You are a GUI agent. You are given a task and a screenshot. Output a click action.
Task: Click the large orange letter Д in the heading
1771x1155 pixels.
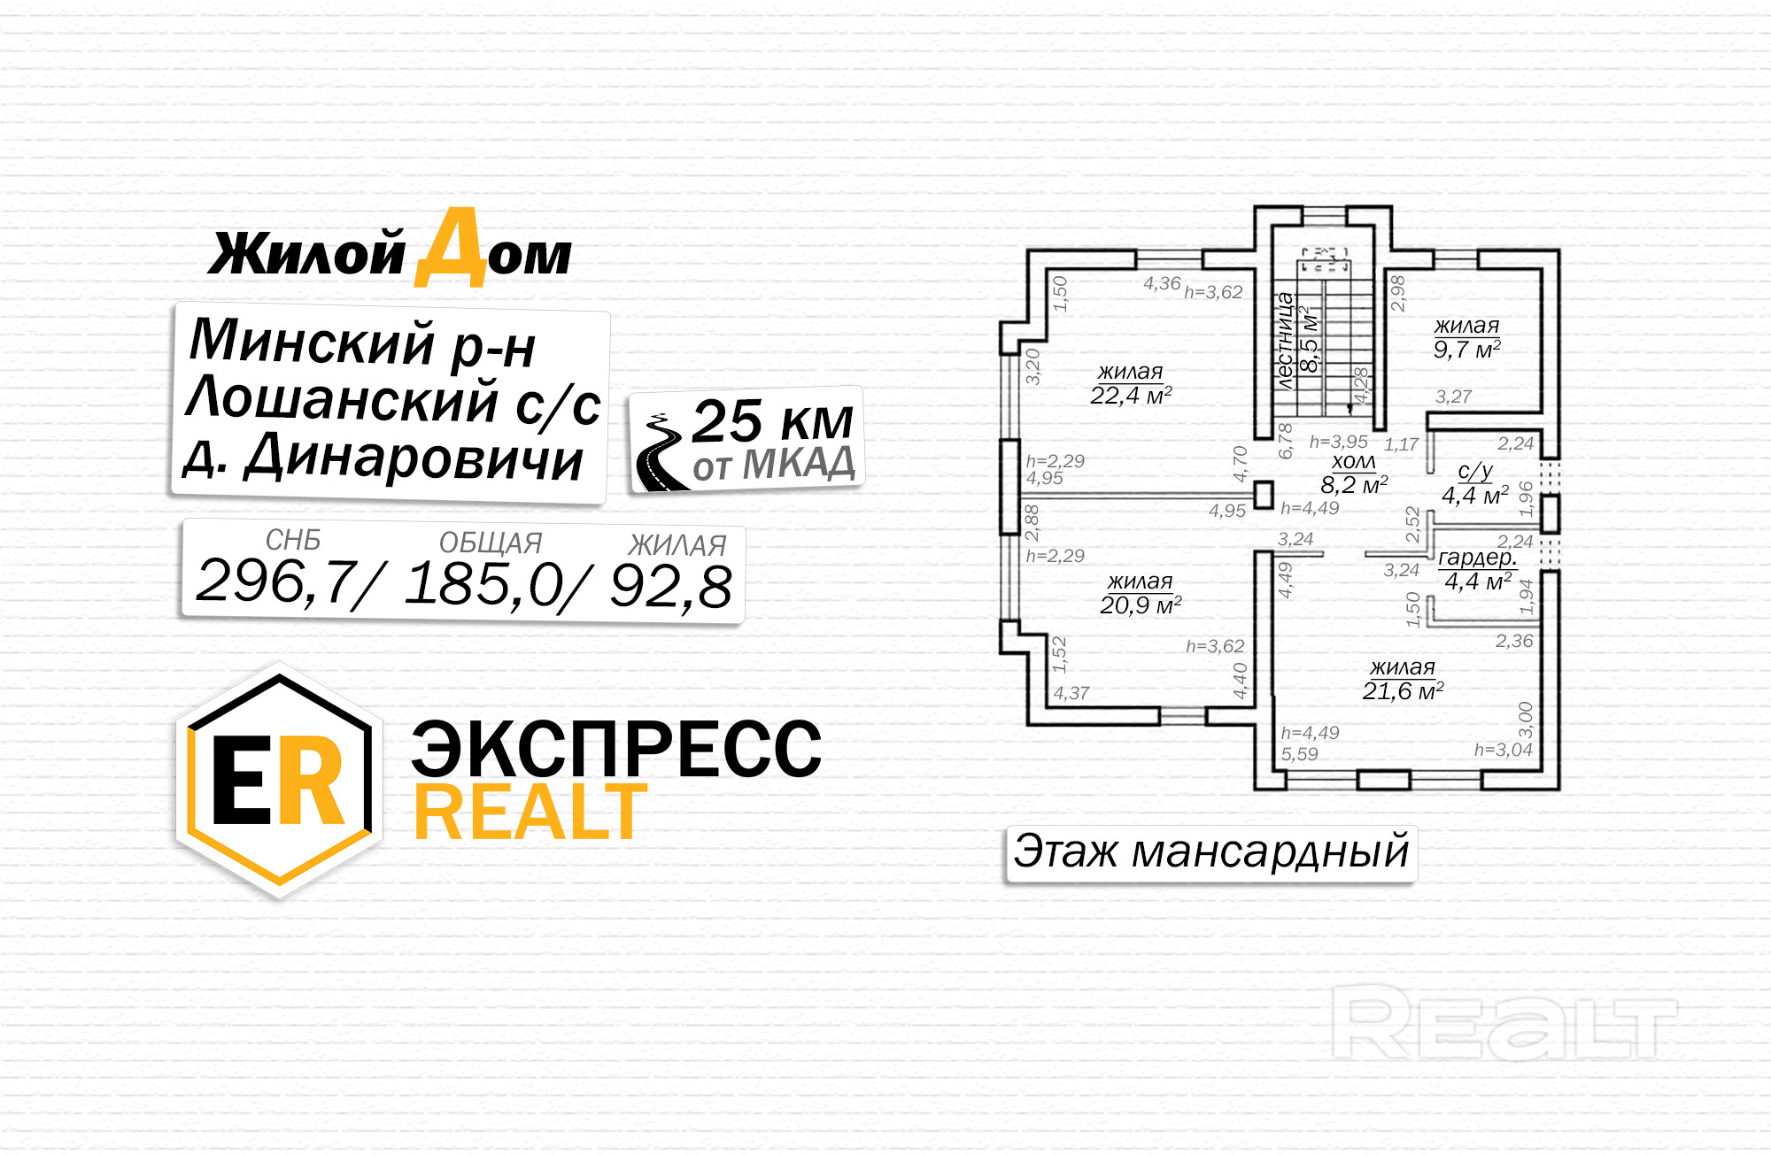pos(452,250)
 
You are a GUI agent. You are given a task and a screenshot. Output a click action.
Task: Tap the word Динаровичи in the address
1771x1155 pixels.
pos(414,458)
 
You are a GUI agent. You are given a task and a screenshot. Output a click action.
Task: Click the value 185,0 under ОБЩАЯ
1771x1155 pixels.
pos(485,584)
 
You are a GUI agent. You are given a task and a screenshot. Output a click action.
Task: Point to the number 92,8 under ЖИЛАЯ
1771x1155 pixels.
pos(671,587)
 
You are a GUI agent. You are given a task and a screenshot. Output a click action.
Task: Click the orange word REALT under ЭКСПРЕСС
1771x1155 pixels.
pos(530,812)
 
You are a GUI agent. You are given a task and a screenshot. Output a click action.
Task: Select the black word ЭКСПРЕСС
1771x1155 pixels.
pos(616,750)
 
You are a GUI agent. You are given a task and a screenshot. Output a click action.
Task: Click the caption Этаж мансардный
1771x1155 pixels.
pos(1210,852)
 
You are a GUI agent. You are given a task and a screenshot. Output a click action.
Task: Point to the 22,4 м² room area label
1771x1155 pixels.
pos(1131,396)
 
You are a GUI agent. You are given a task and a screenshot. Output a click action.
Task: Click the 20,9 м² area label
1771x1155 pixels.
pos(1141,605)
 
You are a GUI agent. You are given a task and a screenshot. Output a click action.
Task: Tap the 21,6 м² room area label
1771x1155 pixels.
pos(1403,691)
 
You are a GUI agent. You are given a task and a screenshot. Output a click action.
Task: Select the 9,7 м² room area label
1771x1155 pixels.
pos(1466,350)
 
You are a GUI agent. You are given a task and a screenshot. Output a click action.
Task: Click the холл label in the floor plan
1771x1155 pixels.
pos(1354,462)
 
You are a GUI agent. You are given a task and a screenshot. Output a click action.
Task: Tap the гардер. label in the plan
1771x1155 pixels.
pos(1477,558)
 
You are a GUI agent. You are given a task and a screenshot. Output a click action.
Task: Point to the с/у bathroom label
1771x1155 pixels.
pos(1475,472)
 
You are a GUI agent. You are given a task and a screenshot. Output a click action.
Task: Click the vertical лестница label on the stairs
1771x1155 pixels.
pos(1285,342)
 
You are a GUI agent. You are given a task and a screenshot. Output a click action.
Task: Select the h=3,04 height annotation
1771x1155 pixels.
pos(1503,751)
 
